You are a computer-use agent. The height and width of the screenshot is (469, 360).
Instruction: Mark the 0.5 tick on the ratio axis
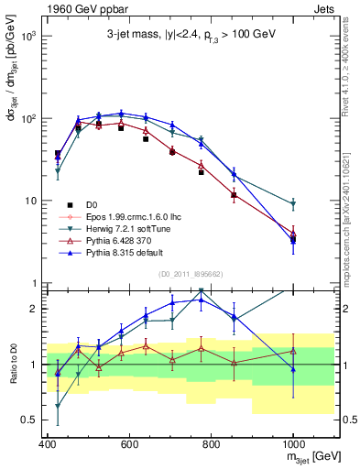coord(32,420)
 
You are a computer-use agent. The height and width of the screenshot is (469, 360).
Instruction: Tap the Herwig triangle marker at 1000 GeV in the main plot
coord(293,204)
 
